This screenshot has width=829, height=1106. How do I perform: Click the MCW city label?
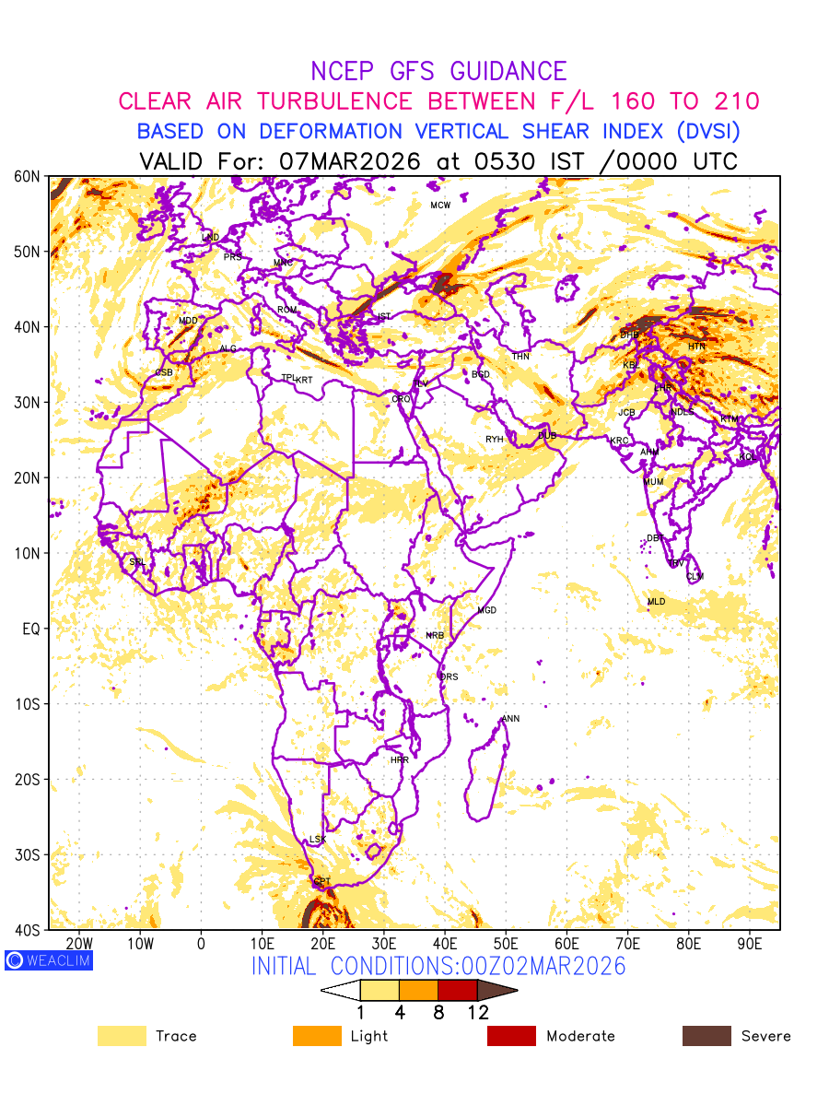coord(440,205)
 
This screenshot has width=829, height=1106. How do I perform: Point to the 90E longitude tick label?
coord(750,944)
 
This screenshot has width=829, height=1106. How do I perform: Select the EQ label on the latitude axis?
coord(31,629)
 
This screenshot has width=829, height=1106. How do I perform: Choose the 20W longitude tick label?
coord(79,944)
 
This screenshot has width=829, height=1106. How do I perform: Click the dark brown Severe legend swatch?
coord(706,1036)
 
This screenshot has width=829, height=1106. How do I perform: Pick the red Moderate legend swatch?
coord(511,1036)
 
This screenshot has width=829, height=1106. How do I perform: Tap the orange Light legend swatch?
coord(317,1036)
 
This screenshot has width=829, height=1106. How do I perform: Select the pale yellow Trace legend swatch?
coord(122,1036)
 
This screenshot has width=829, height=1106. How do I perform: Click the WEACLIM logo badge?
coord(48,960)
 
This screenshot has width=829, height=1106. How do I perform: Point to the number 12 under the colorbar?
coord(477,1013)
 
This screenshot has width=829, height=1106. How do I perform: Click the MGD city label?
coord(486,610)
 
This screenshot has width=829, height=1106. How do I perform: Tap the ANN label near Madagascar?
coord(510,718)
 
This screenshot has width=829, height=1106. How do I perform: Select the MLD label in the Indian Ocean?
coord(656,601)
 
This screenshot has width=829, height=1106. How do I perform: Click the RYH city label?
coord(495,440)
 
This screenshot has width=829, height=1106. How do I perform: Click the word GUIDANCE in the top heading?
coord(508,71)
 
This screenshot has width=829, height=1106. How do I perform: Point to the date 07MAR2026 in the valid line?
coord(349,161)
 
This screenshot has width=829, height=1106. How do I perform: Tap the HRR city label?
coord(400,759)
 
